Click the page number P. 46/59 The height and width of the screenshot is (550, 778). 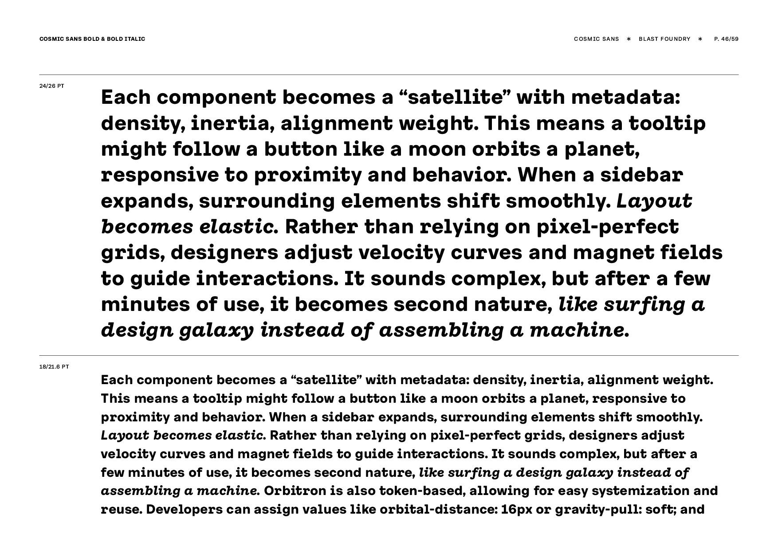pyautogui.click(x=726, y=39)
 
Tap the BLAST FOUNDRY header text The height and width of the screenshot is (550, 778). pyautogui.click(x=664, y=39)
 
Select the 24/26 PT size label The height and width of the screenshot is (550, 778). pyautogui.click(x=52, y=86)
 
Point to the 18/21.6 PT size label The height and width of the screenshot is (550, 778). pyautogui.click(x=54, y=367)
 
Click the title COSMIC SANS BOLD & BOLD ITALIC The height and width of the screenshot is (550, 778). pyautogui.click(x=92, y=39)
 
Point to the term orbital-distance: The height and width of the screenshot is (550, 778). pyautogui.click(x=437, y=509)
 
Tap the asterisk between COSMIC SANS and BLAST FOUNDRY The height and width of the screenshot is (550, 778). pyautogui.click(x=629, y=39)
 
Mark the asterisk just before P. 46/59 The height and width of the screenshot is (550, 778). pyautogui.click(x=700, y=39)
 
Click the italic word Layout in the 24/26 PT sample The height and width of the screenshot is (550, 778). pyautogui.click(x=654, y=201)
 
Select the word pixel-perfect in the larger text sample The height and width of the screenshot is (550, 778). pyautogui.click(x=608, y=227)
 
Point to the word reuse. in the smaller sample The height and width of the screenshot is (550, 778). pyautogui.click(x=121, y=509)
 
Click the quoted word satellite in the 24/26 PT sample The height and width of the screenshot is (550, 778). pyautogui.click(x=456, y=98)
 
